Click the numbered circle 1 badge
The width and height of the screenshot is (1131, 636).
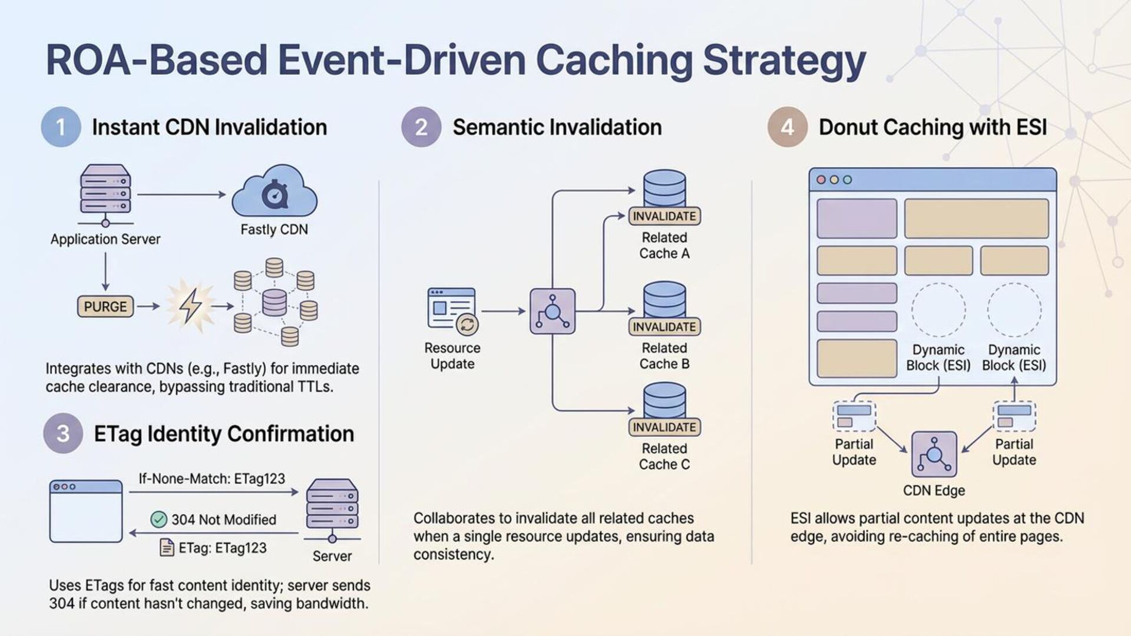[x=61, y=127]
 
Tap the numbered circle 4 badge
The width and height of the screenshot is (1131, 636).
[x=788, y=127]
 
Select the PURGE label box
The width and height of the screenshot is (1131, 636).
[x=105, y=306]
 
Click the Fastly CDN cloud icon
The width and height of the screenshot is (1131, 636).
[x=275, y=191]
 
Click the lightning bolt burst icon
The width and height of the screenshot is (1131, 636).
[x=190, y=306]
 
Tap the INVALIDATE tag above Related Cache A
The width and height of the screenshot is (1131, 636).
[x=664, y=216]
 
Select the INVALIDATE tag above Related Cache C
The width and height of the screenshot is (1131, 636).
[x=664, y=427]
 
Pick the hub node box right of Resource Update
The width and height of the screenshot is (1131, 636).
[x=553, y=311]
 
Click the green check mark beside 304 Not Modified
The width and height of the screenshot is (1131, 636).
[x=159, y=519]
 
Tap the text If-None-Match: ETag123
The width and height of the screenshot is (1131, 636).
[x=212, y=479]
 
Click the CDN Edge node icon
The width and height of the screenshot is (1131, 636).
[x=934, y=454]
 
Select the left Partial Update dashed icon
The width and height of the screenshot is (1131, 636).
[x=854, y=416]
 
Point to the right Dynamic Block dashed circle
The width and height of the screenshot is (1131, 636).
[x=1014, y=310]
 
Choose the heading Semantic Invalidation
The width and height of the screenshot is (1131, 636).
[x=557, y=127]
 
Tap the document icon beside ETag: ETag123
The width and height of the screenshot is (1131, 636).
[x=167, y=548]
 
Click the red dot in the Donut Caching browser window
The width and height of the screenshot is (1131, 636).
[x=821, y=180]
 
